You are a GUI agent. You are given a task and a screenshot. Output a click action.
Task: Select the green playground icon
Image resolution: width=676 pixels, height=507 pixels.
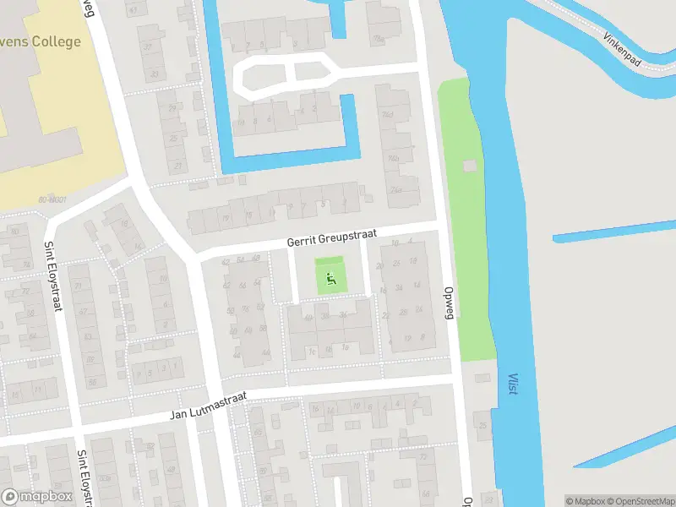[x=330, y=276]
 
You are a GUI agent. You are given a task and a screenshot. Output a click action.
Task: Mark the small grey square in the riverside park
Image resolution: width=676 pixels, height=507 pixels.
[x=470, y=167]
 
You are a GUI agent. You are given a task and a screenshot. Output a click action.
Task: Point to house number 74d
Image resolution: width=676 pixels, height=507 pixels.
[x=389, y=113]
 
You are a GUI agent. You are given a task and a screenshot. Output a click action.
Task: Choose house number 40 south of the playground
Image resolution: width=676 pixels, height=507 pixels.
[x=308, y=317]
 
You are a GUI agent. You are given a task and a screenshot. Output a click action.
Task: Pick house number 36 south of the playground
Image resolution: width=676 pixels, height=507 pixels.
[x=343, y=315]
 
